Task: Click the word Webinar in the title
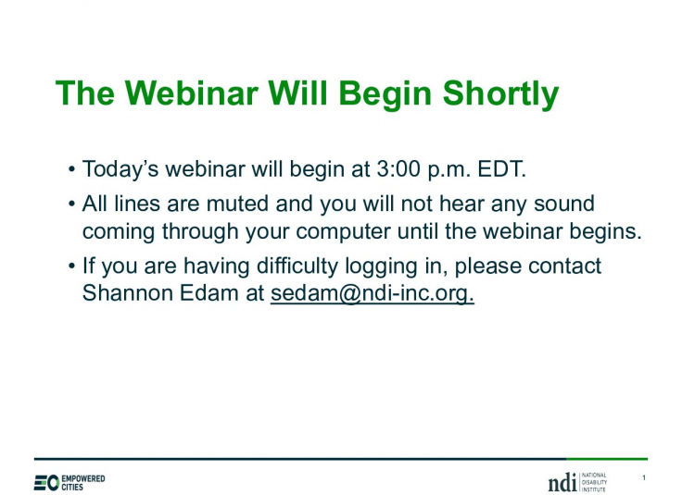tap(192, 93)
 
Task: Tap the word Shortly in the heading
tap(500, 94)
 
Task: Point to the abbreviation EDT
tap(501, 169)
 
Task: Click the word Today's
tap(120, 169)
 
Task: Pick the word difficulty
tap(297, 266)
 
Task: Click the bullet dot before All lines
tap(71, 204)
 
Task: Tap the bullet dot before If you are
tap(71, 266)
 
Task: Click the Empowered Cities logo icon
tap(46, 483)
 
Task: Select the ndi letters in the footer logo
tap(562, 482)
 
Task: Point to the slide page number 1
tap(644, 477)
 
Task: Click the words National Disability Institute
tap(594, 482)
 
